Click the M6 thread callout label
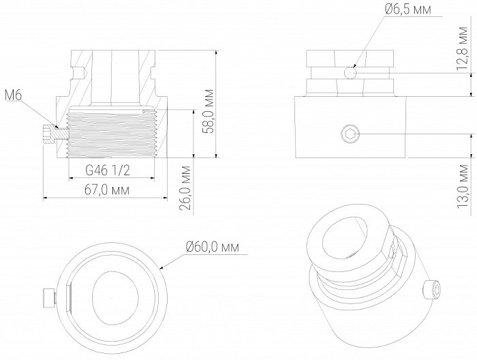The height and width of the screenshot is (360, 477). click(14, 96)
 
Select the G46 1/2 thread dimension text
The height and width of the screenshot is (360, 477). click(108, 170)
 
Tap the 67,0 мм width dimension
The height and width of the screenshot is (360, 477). click(107, 190)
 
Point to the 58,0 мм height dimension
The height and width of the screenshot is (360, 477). click(209, 111)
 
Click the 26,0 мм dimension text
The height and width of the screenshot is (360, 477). click(185, 188)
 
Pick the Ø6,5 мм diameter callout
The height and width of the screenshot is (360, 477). click(408, 10)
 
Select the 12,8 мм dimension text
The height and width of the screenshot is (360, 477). click(462, 48)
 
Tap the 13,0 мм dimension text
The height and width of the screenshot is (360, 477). click(462, 187)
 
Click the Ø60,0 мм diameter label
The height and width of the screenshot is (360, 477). click(213, 247)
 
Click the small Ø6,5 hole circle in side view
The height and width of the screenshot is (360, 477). click(350, 73)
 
